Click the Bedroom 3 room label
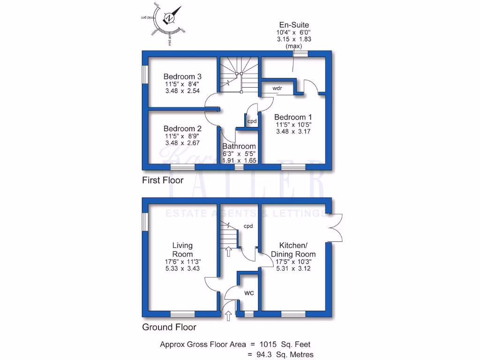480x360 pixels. coord(182,76)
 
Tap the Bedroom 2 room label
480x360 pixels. coord(182,128)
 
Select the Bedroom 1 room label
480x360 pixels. coord(293,117)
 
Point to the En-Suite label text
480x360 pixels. coord(293,25)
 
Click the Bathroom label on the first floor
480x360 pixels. coord(239,146)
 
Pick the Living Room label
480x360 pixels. coord(182,250)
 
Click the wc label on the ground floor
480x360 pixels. coord(249,293)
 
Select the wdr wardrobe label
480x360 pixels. coord(277,88)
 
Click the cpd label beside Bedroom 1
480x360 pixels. coord(252,121)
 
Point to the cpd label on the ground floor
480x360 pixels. coord(248,226)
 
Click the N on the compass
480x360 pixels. coord(169,18)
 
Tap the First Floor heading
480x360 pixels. coord(163,180)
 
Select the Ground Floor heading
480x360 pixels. coord(169,327)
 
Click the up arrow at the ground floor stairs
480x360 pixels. coord(229,252)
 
